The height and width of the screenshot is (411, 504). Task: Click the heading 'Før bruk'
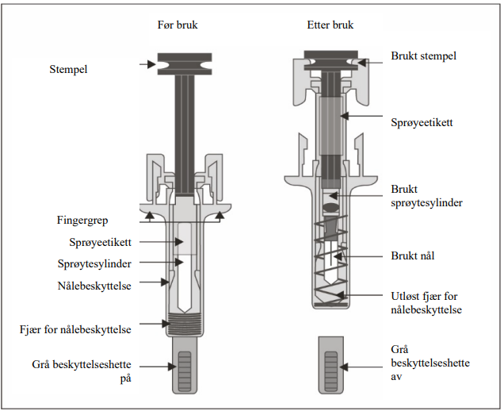(178, 25)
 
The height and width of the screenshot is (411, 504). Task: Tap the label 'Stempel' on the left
(68, 70)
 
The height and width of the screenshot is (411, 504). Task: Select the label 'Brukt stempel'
(423, 56)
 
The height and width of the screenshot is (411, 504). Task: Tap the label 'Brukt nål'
(412, 255)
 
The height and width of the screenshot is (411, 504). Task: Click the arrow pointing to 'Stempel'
(148, 63)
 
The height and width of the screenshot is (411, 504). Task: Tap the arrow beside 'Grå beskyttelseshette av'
(365, 366)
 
